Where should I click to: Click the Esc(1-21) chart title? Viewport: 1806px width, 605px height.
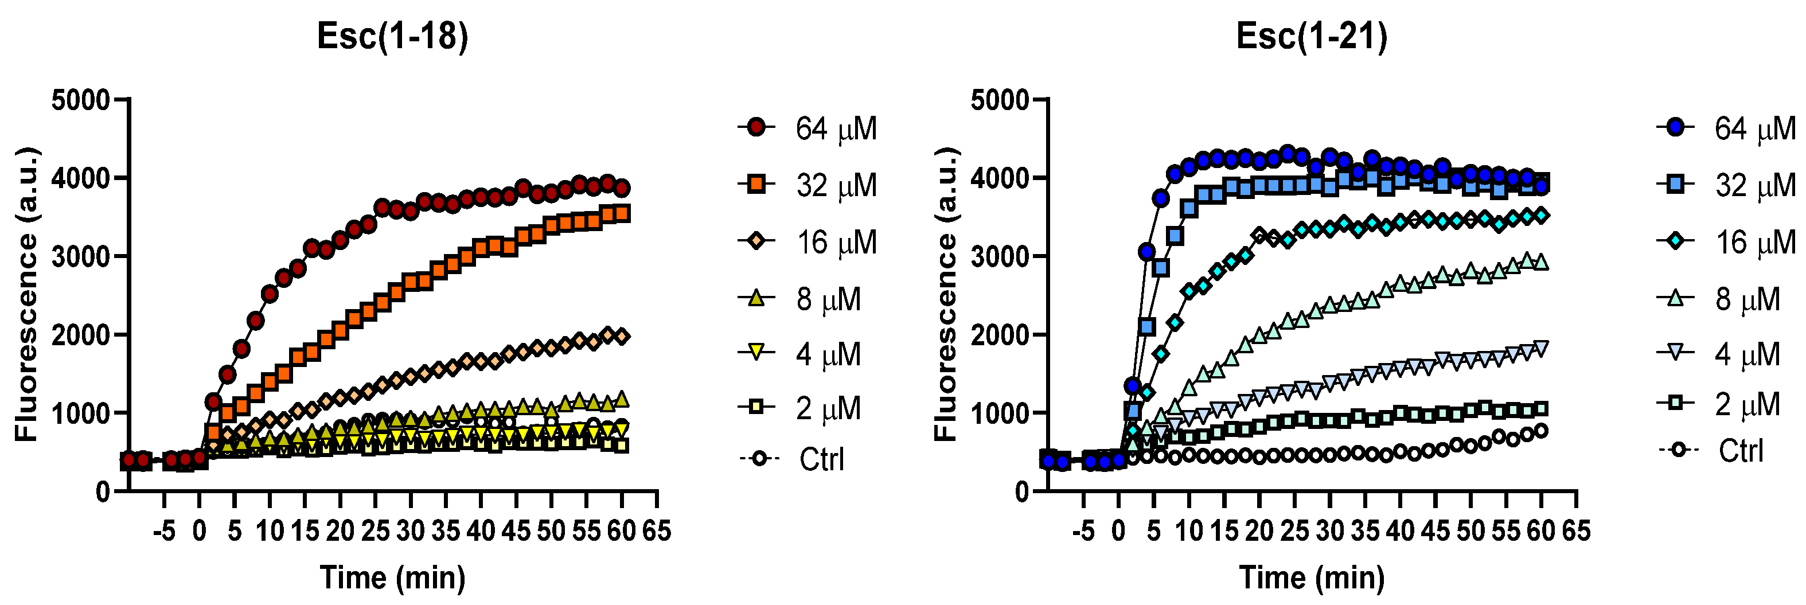tap(1311, 37)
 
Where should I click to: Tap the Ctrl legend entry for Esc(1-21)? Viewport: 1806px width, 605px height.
tap(1711, 450)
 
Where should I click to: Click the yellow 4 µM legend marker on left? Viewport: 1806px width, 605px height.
tap(756, 353)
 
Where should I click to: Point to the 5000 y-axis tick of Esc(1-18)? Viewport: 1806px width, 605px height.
tap(81, 100)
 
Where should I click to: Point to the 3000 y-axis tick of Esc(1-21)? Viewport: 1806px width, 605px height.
tap(1000, 256)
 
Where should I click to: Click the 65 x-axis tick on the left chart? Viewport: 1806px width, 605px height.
tap(656, 530)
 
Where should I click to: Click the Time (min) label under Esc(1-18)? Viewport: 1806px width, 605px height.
tap(393, 577)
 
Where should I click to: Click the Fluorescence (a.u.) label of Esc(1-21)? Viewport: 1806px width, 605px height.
tap(946, 294)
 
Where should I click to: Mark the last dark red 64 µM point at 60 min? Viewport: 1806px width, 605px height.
tap(622, 188)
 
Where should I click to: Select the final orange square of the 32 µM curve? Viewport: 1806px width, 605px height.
tap(622, 213)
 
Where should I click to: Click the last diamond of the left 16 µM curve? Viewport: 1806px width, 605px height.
tap(622, 337)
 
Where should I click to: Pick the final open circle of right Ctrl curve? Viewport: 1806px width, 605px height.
tap(1541, 431)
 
